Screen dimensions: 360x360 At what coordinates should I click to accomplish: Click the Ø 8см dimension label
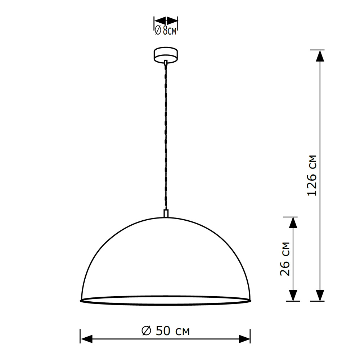pyautogui.click(x=166, y=31)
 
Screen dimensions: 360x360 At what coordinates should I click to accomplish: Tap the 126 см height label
pyautogui.click(x=312, y=175)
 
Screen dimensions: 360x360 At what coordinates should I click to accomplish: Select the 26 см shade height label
pyautogui.click(x=285, y=258)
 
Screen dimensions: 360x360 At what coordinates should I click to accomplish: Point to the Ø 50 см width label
pyautogui.click(x=165, y=330)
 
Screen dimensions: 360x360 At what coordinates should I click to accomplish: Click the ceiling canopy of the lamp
pyautogui.click(x=166, y=55)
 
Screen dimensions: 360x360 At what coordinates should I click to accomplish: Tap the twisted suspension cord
pyautogui.click(x=166, y=137)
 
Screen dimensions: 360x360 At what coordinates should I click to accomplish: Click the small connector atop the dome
pyautogui.click(x=166, y=213)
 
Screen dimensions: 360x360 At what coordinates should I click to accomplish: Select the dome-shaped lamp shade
pyautogui.click(x=165, y=259)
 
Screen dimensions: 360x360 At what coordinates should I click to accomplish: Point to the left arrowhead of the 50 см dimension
pyautogui.click(x=86, y=338)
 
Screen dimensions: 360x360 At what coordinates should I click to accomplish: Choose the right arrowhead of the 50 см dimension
pyautogui.click(x=244, y=338)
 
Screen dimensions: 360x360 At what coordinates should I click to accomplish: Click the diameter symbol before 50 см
pyautogui.click(x=146, y=330)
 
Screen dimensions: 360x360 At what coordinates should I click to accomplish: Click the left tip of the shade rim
pyautogui.click(x=81, y=300)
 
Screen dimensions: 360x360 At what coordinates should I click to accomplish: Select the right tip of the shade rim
pyautogui.click(x=250, y=300)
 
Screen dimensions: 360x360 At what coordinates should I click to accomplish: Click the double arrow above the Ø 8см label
pyautogui.click(x=166, y=20)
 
